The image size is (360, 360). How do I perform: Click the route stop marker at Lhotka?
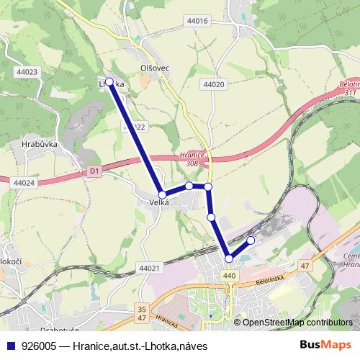[109, 82]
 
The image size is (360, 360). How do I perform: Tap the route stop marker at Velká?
[163, 194]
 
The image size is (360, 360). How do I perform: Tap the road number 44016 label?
[197, 22]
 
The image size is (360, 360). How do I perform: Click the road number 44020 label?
[215, 84]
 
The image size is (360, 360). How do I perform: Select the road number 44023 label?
[26, 72]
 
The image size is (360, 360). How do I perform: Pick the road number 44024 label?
[23, 184]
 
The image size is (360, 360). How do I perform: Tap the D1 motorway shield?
[94, 171]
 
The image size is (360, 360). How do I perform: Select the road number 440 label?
[230, 276]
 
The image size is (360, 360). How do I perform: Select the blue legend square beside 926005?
[10, 346]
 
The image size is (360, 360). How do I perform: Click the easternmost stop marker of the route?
[251, 240]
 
